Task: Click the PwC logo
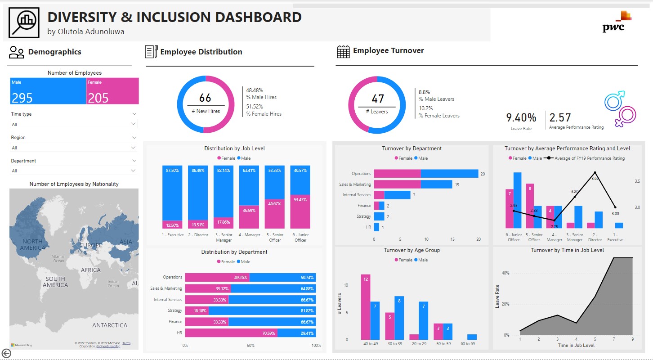(x=616, y=22)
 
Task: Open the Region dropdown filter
(x=74, y=148)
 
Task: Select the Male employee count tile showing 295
(x=48, y=91)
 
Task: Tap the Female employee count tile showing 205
(x=112, y=91)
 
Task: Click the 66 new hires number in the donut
(x=205, y=98)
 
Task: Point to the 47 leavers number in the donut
(x=377, y=99)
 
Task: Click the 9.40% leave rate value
(x=521, y=118)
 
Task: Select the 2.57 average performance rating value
(x=560, y=118)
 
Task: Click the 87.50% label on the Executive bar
(x=172, y=171)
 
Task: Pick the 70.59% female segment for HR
(x=231, y=333)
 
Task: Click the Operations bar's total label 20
(x=482, y=174)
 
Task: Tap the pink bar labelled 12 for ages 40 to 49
(x=366, y=307)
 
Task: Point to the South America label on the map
(x=55, y=282)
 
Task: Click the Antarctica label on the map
(x=109, y=325)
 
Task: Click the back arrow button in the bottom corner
(x=6, y=353)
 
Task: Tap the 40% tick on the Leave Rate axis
(x=505, y=273)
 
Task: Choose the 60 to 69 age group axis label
(x=467, y=344)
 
